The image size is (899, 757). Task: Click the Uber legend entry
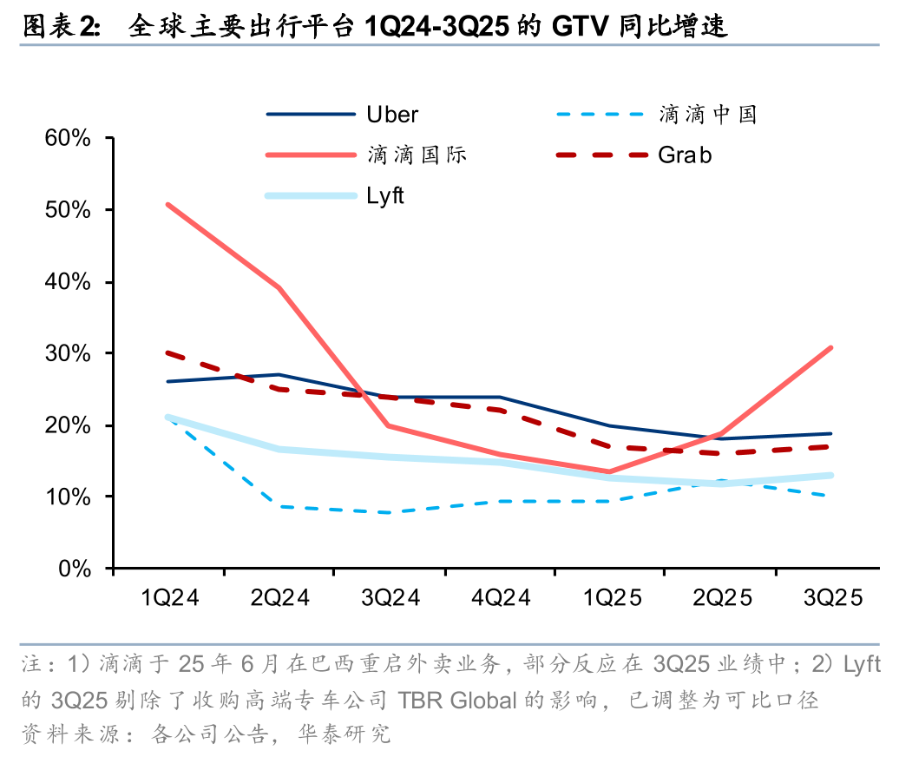click(x=392, y=114)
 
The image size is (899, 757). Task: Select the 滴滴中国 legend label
click(x=707, y=114)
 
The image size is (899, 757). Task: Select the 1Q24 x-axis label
click(x=169, y=599)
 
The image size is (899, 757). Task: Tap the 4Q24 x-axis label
click(x=502, y=599)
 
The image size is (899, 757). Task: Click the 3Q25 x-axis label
click(x=833, y=599)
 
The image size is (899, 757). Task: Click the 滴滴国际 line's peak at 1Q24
click(x=168, y=205)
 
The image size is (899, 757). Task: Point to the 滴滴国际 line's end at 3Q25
click(x=830, y=348)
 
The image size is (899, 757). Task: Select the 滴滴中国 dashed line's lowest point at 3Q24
click(x=390, y=512)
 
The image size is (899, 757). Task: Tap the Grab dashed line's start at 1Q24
click(x=168, y=353)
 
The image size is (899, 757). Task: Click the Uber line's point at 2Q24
click(x=279, y=375)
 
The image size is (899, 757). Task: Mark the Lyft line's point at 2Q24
click(x=279, y=449)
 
